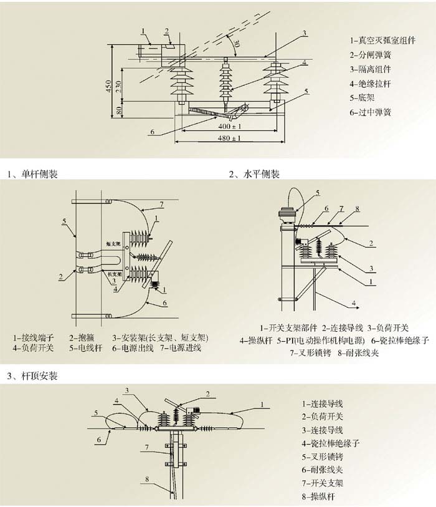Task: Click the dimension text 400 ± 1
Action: point(230,127)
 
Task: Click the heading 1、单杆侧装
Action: point(32,175)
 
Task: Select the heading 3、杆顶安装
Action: point(32,376)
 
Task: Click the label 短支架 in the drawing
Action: point(113,244)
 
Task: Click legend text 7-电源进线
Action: point(181,348)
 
